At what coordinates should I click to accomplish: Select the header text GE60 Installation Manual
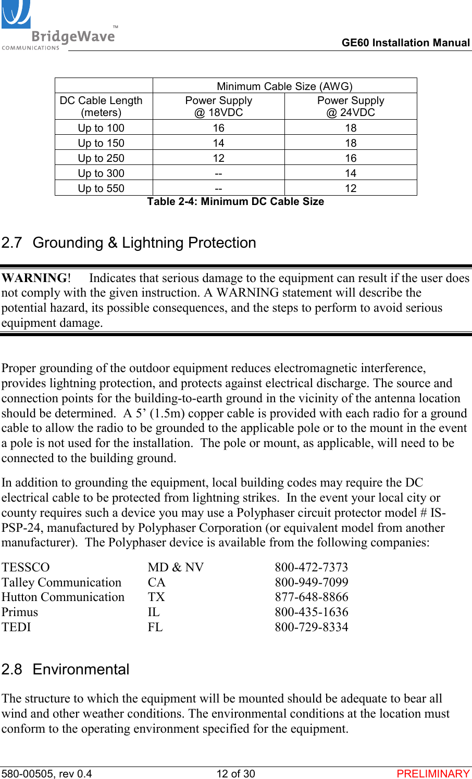(x=405, y=43)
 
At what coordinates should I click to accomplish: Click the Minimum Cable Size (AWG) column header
(x=284, y=86)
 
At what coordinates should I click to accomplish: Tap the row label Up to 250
(x=101, y=158)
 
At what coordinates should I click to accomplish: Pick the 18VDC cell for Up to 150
(x=218, y=143)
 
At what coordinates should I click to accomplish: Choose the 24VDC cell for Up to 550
(x=351, y=188)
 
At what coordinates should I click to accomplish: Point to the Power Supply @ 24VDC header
(x=351, y=106)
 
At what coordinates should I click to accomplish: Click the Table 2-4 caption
(x=235, y=202)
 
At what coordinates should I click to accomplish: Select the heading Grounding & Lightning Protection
(x=144, y=243)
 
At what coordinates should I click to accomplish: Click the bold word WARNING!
(x=36, y=278)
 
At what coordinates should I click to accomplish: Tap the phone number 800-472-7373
(x=311, y=567)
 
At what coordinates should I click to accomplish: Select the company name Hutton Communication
(x=63, y=597)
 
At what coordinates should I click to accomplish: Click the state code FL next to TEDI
(x=155, y=627)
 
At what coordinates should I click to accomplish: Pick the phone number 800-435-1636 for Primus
(x=311, y=612)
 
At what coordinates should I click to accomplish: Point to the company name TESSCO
(x=26, y=567)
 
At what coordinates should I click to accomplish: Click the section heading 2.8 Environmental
(x=65, y=669)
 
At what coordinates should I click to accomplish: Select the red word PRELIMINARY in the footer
(x=433, y=774)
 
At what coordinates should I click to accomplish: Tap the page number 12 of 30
(x=235, y=774)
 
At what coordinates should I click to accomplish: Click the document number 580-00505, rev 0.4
(x=46, y=774)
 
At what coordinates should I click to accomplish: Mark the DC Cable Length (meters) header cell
(x=101, y=106)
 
